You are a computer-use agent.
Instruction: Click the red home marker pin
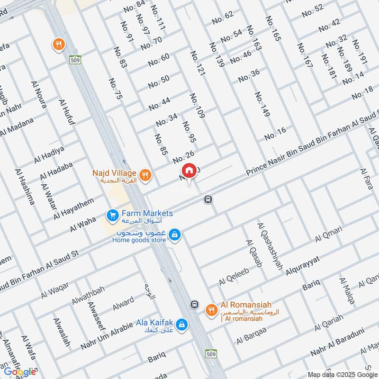(x=189, y=171)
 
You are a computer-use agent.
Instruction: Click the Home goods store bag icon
(x=175, y=235)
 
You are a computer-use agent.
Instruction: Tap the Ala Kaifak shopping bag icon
(x=181, y=325)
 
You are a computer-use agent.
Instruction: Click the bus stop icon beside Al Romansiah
(x=194, y=304)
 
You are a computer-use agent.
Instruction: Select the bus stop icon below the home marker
(x=208, y=199)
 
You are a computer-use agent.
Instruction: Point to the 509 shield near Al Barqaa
(x=211, y=353)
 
